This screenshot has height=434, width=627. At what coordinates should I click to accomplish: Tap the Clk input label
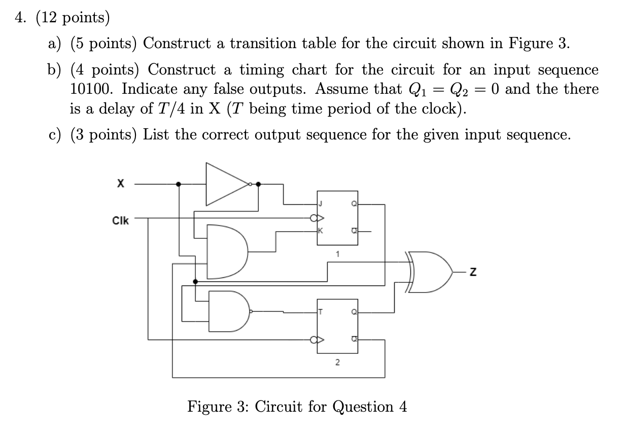pos(121,221)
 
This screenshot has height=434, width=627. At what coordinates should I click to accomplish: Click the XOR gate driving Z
pos(429,272)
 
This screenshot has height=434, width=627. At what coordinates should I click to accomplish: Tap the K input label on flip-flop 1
pos(320,231)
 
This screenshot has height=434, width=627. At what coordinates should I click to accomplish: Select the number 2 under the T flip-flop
pos(337,363)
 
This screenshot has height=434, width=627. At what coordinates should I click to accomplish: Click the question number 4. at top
pos(20,18)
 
